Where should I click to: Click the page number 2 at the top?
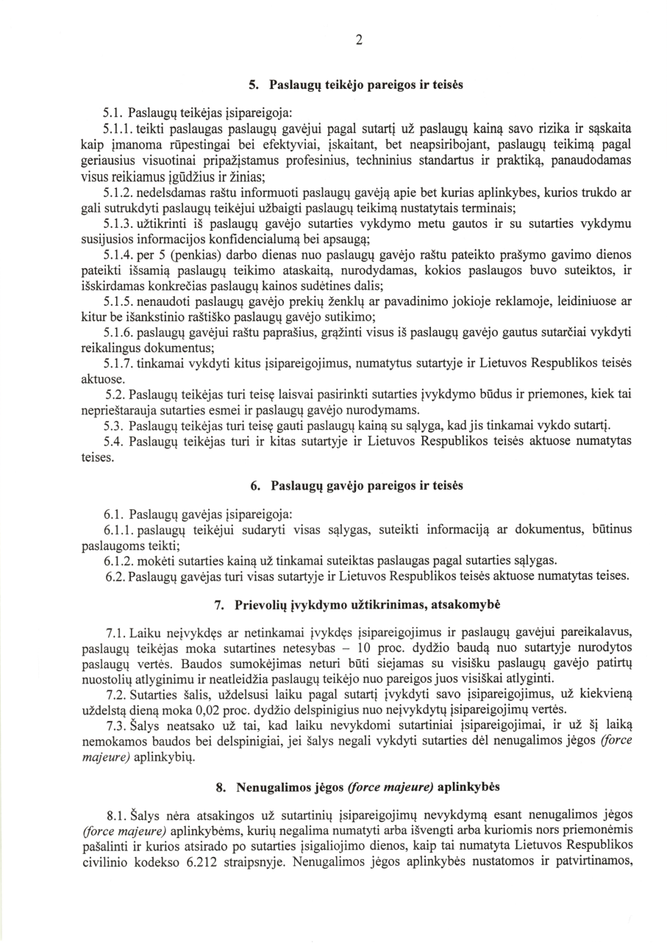358,40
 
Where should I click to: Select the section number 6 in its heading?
254,486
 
